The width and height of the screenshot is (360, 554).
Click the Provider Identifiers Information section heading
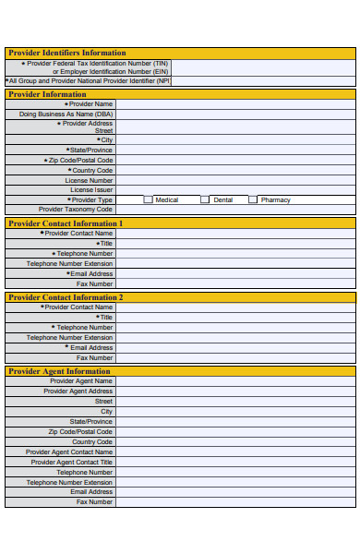pos(66,53)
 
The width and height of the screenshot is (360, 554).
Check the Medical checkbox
pos(148,199)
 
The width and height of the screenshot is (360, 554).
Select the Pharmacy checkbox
pos(253,199)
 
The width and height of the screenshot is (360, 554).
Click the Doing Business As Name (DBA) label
pos(66,114)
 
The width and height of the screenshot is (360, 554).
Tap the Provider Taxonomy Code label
pos(77,210)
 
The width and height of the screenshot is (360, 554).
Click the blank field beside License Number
pos(234,181)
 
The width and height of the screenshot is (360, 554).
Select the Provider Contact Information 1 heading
pos(65,223)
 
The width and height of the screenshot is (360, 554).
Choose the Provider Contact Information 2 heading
pos(65,297)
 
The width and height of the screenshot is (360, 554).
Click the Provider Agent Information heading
pos(59,371)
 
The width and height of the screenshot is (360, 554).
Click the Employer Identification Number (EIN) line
pos(110,71)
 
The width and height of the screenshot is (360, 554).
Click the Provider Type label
pos(91,199)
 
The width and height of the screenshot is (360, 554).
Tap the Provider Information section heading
pos(47,94)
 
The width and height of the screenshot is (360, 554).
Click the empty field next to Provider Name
pos(234,104)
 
